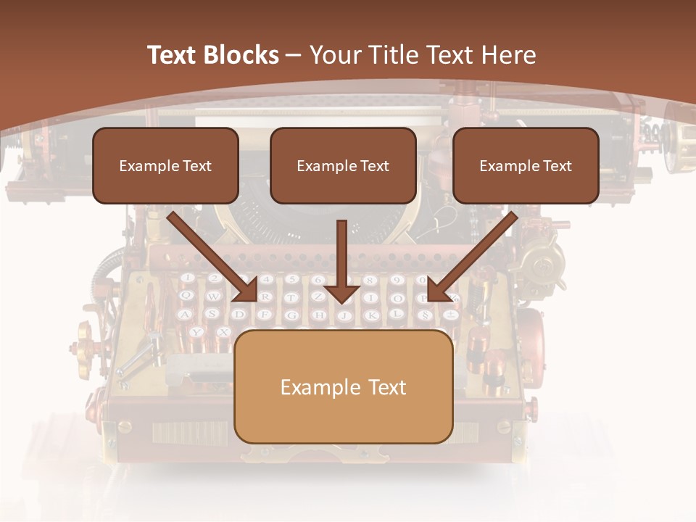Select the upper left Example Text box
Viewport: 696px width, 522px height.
(x=165, y=165)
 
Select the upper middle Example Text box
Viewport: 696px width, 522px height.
(x=343, y=165)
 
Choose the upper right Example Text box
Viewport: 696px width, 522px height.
(x=526, y=165)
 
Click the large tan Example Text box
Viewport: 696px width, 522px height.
(x=343, y=386)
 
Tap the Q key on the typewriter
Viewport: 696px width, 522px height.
(x=186, y=295)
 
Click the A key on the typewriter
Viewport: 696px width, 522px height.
(x=186, y=314)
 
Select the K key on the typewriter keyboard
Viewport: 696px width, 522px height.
(x=370, y=315)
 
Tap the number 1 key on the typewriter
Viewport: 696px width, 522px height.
(x=186, y=278)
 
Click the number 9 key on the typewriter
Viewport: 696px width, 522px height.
(x=396, y=280)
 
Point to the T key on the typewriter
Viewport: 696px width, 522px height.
(x=291, y=297)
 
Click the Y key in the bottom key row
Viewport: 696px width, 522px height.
(x=196, y=332)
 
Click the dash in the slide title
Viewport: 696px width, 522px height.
(x=294, y=55)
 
